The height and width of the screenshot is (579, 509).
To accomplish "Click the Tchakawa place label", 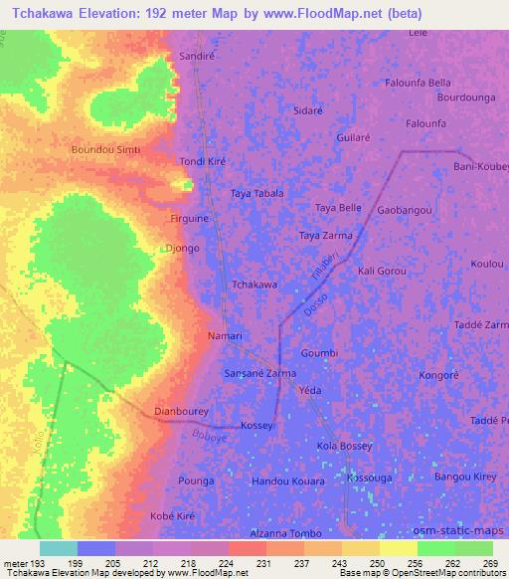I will (x=254, y=285).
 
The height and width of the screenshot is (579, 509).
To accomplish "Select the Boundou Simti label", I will (x=105, y=149).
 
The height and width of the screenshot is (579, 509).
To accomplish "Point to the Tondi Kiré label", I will (x=205, y=161).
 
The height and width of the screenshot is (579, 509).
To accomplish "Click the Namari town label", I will (x=225, y=336).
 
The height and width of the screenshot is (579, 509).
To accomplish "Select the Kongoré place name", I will (x=438, y=376).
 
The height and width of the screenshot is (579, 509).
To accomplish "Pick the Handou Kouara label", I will (x=288, y=482).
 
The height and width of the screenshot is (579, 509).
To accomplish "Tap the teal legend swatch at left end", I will (x=59, y=548).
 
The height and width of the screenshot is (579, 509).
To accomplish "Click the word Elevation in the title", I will (x=117, y=14).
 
